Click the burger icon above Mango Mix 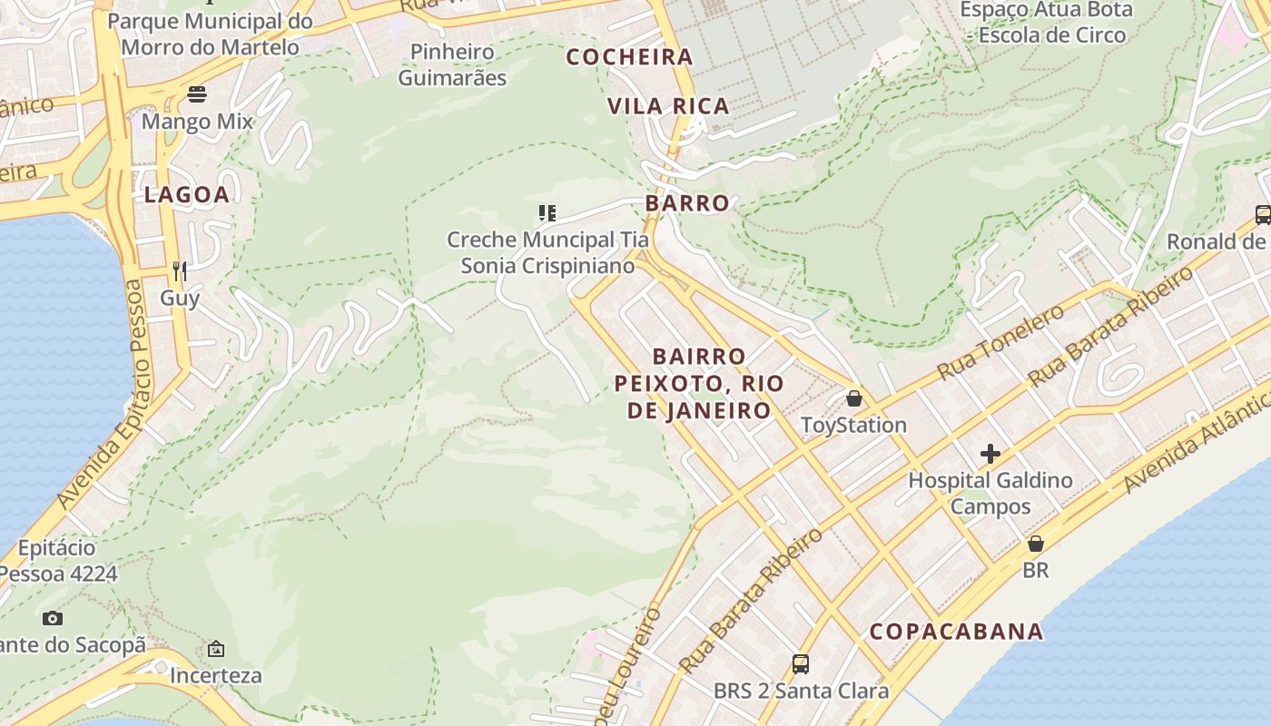pyautogui.click(x=197, y=94)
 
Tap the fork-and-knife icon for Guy pyautogui.click(x=180, y=270)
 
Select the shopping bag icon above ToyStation pyautogui.click(x=853, y=398)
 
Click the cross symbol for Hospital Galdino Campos pyautogui.click(x=990, y=453)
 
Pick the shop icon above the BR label pyautogui.click(x=1035, y=544)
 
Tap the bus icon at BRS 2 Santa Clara pyautogui.click(x=801, y=664)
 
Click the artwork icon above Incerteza pyautogui.click(x=216, y=649)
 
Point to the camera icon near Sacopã pyautogui.click(x=53, y=618)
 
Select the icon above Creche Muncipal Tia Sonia pyautogui.click(x=547, y=213)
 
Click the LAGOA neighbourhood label pyautogui.click(x=187, y=194)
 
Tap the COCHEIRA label pyautogui.click(x=630, y=57)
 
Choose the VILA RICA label pyautogui.click(x=668, y=106)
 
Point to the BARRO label pyautogui.click(x=687, y=202)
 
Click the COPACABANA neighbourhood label pyautogui.click(x=956, y=632)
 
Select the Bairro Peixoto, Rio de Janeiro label pyautogui.click(x=698, y=383)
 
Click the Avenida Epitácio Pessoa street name pyautogui.click(x=100, y=395)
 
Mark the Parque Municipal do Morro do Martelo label pyautogui.click(x=210, y=34)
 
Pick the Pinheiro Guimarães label pyautogui.click(x=452, y=64)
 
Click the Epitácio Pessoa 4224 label pyautogui.click(x=58, y=561)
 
